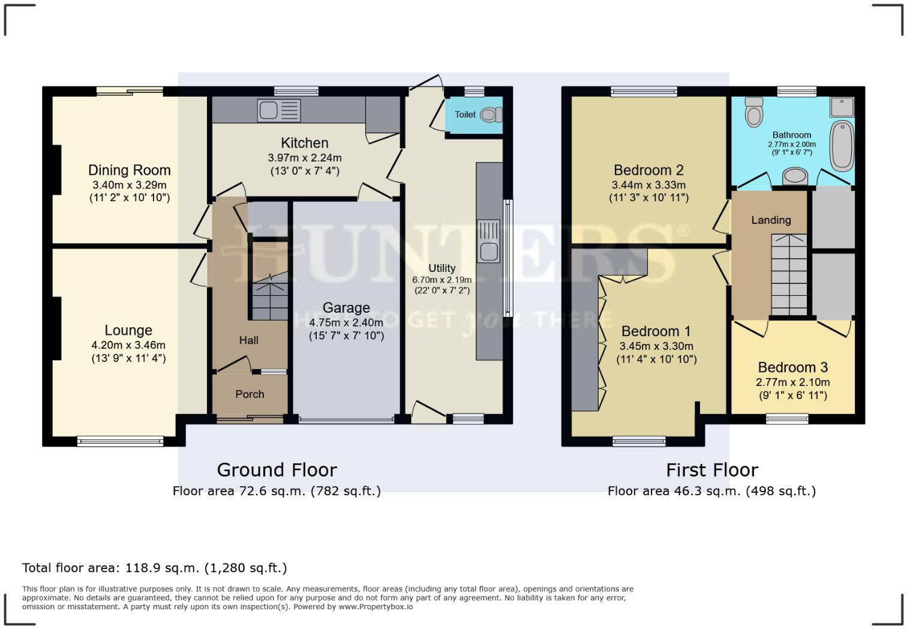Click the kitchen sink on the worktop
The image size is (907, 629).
279,110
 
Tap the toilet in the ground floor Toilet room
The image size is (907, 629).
491,114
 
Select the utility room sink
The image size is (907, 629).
488,241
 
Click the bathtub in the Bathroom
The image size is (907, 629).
841,146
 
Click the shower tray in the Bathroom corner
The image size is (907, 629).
842,107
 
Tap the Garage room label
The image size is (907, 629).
346,308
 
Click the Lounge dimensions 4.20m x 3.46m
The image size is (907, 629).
128,345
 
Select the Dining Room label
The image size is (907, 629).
129,170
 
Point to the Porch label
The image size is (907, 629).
250,394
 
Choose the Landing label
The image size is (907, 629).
771,220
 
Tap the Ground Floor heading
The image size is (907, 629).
277,470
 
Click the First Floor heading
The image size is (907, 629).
712,470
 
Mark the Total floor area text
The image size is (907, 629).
155,568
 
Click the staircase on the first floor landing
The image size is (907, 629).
789,274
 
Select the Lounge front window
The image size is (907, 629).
120,442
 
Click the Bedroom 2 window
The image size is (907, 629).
644,92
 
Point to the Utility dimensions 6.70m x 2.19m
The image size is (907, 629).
442,280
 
